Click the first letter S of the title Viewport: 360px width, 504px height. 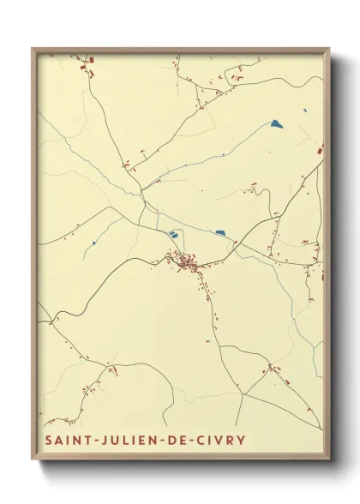pos(50,441)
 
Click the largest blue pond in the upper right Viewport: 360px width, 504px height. pos(276,123)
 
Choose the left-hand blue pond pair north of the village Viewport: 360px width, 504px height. pos(175,232)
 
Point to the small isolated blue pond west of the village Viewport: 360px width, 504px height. pos(93,243)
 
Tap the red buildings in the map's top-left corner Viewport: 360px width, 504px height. pos(87,64)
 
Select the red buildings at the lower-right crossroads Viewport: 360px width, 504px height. pos(273,369)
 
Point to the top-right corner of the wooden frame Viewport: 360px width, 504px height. pos(328,49)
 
